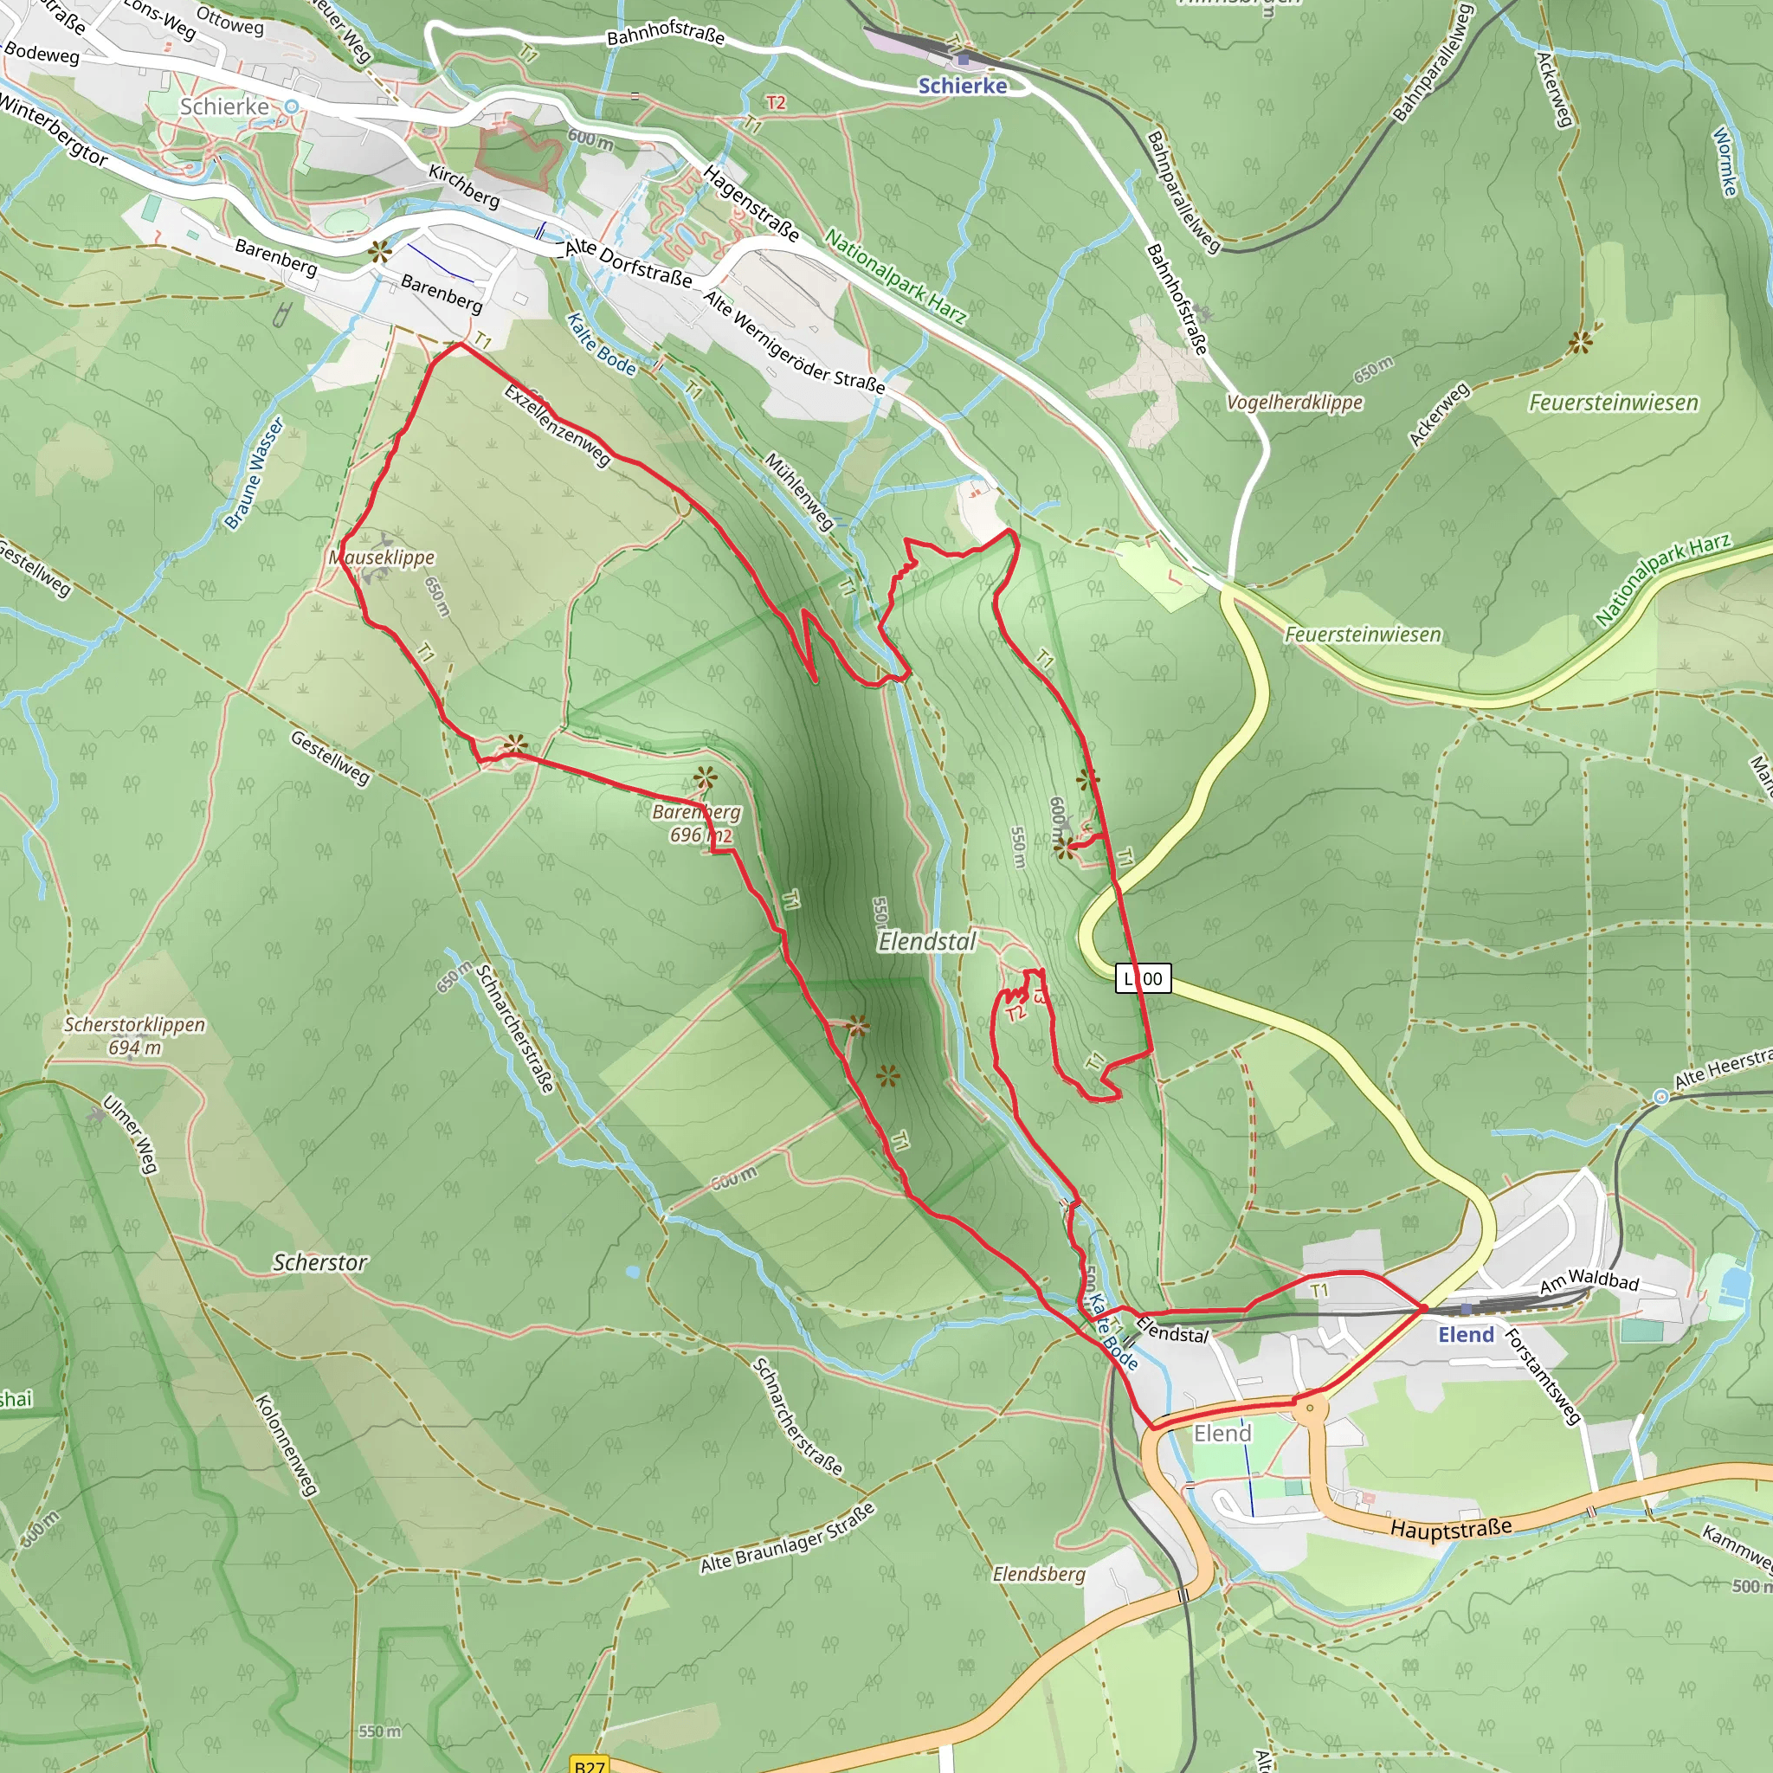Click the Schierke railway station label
tap(962, 86)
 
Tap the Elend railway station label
tap(1466, 1334)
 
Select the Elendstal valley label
tap(927, 942)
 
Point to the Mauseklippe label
tap(382, 557)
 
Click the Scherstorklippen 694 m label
tap(134, 1036)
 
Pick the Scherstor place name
tap(319, 1263)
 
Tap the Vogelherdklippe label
tap(1294, 402)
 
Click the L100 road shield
tap(1143, 978)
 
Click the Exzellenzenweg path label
tap(557, 425)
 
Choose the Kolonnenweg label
tap(286, 1445)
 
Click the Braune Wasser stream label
tap(255, 474)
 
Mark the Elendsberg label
tap(1039, 1575)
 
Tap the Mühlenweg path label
tap(799, 491)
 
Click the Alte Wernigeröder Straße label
tap(794, 341)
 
